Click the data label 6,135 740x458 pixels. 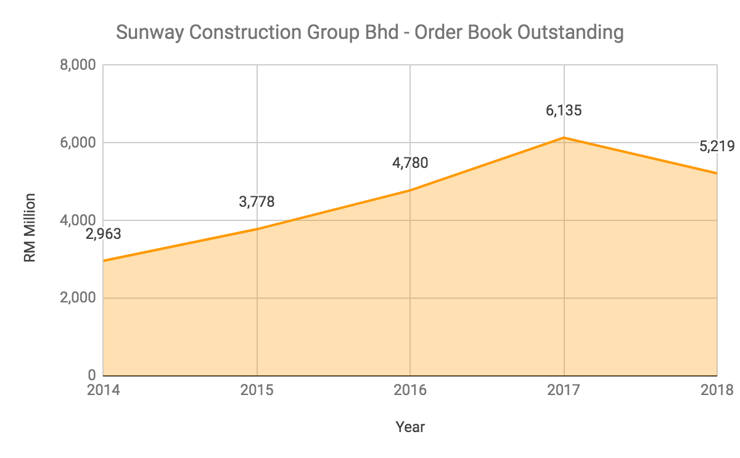point(564,111)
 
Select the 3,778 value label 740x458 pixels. point(257,202)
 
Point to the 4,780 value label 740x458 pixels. point(410,164)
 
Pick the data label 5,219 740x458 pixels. point(717,146)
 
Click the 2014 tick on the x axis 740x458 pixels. point(103,390)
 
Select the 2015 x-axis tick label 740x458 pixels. point(257,390)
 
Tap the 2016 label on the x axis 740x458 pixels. point(410,390)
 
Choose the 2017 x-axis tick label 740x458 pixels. point(564,390)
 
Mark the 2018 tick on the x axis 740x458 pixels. point(717,390)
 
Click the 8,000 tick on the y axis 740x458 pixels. point(78,65)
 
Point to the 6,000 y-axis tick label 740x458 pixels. point(78,143)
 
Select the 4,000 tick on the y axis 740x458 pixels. point(78,220)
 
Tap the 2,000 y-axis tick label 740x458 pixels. point(78,298)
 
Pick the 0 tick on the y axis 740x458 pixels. point(91,375)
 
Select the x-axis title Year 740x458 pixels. point(410,427)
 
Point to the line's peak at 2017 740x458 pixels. point(564,138)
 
